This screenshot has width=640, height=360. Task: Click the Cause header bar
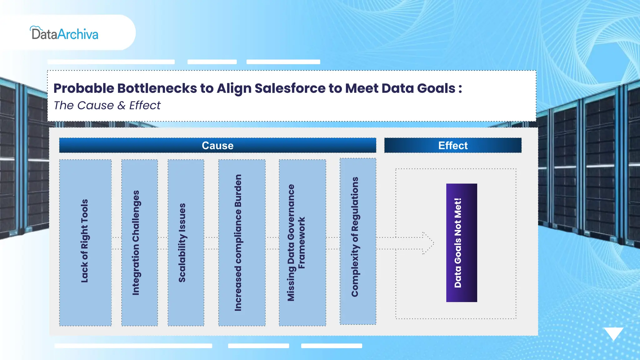coord(217,145)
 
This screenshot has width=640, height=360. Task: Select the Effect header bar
coord(452,145)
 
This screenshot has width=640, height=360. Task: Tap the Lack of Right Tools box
coord(85,242)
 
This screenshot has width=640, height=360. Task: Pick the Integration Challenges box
coord(139,242)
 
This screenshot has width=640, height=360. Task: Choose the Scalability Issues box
coord(186,242)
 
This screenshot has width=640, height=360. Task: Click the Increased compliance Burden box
coord(242,242)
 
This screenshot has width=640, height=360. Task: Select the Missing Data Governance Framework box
coord(302,242)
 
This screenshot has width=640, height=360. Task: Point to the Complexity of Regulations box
coord(358,241)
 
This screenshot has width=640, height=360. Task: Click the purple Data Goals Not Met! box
coord(461,242)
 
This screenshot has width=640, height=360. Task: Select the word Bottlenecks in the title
coord(157,88)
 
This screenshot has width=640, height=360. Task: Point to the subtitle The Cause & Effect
coord(107,105)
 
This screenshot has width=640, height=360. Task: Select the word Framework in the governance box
coord(301,242)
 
